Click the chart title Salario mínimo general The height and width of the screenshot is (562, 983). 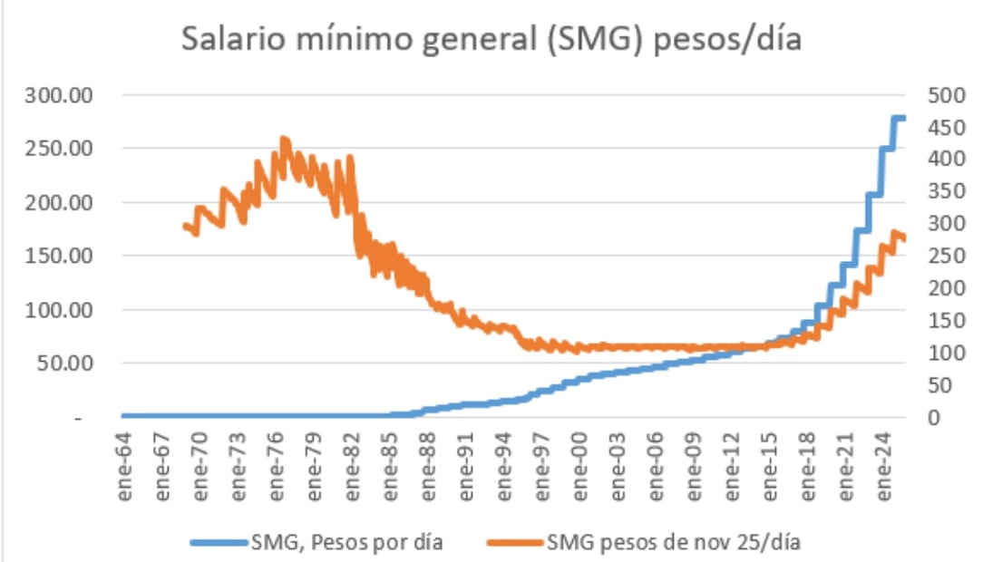(x=491, y=41)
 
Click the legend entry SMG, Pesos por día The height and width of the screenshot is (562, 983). (x=347, y=543)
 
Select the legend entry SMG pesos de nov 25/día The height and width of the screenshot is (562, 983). (x=675, y=543)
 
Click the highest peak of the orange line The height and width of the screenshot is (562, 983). (x=284, y=140)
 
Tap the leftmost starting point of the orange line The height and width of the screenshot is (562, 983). (x=185, y=226)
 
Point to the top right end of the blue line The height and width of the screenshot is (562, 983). (x=903, y=118)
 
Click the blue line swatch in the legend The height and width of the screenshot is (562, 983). (x=218, y=543)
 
